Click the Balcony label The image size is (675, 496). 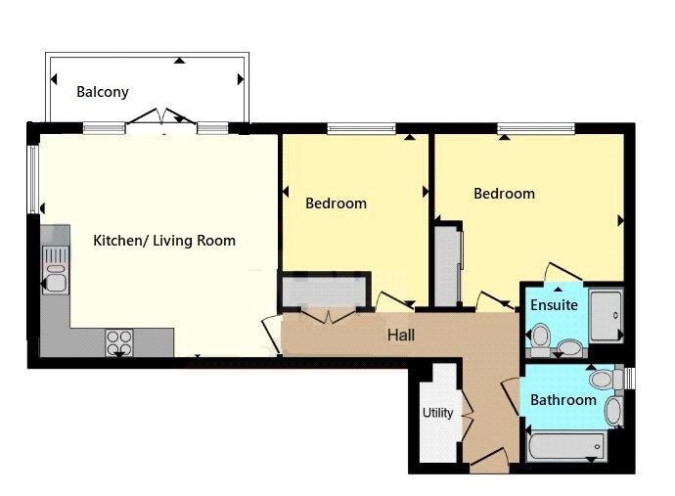click(x=103, y=92)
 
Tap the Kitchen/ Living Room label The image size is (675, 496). click(x=164, y=241)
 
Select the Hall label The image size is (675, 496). click(x=401, y=335)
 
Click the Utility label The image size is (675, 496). click(x=437, y=413)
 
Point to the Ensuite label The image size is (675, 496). click(x=554, y=305)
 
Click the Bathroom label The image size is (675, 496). click(x=563, y=400)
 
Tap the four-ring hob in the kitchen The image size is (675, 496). click(x=119, y=341)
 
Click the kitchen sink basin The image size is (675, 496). click(x=56, y=283)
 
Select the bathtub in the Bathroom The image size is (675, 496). click(x=566, y=446)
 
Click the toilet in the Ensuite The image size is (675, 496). click(x=539, y=340)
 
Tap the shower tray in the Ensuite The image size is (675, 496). click(x=606, y=316)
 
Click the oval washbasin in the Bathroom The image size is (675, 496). click(x=613, y=411)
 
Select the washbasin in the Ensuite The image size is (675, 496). click(x=569, y=347)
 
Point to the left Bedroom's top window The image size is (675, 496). click(x=361, y=128)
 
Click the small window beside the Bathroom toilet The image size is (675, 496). click(x=629, y=378)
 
